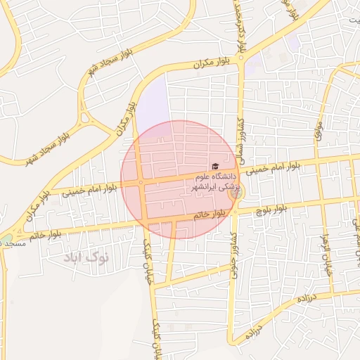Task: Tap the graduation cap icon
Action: tap(215, 166)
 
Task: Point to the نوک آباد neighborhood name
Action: tap(86, 257)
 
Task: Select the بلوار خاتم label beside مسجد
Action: tap(49, 235)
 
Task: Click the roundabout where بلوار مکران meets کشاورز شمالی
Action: tap(240, 58)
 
